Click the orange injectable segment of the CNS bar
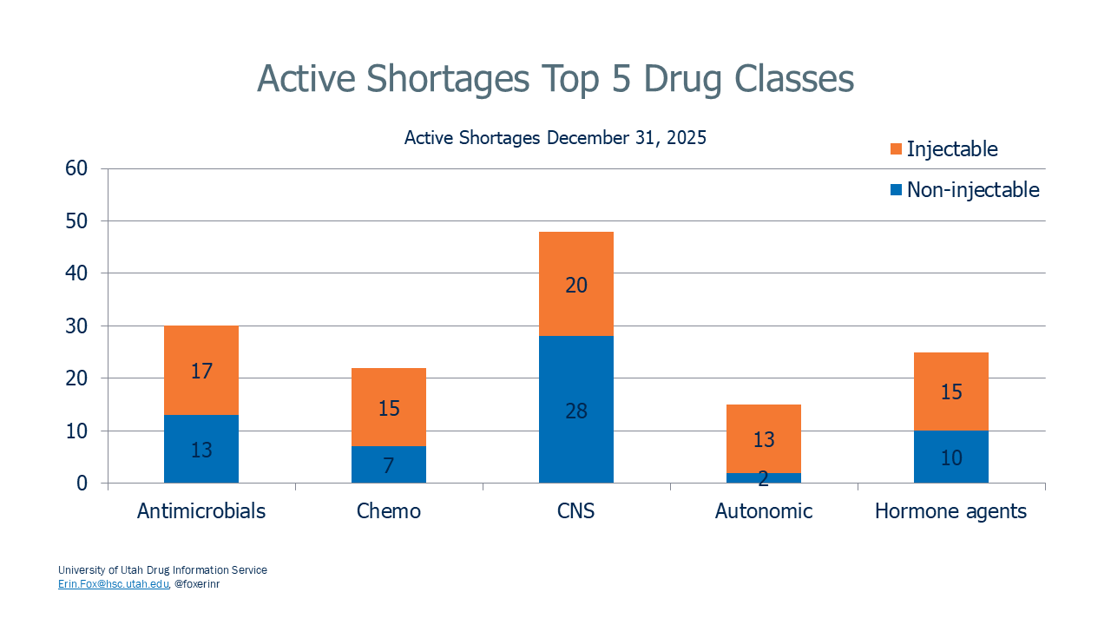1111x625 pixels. (576, 260)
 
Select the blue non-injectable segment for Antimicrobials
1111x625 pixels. (201, 469)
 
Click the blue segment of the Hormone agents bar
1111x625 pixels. (951, 469)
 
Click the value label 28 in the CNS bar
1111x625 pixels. (576, 411)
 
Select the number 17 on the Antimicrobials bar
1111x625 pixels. (201, 372)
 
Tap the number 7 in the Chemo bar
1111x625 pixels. (389, 466)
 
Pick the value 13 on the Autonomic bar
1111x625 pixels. (764, 440)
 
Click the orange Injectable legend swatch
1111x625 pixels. (897, 149)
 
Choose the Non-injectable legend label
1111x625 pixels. (973, 190)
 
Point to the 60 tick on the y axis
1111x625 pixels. (77, 168)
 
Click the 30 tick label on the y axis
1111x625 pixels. (77, 326)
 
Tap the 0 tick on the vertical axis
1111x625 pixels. (82, 484)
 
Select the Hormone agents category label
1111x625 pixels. (951, 511)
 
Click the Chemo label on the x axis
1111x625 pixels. (389, 511)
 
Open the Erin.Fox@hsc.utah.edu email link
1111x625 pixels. (113, 584)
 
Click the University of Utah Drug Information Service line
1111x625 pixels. (162, 570)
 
